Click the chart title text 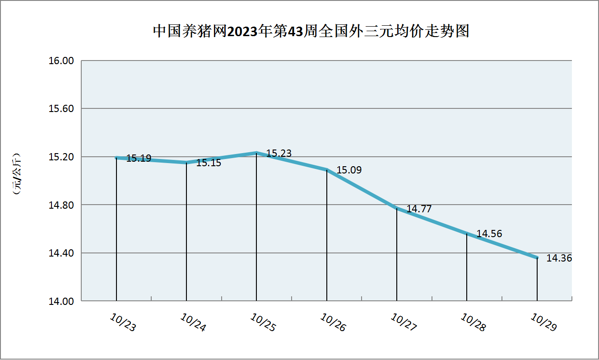click(311, 31)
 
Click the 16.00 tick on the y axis click(60, 61)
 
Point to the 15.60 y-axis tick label click(60, 109)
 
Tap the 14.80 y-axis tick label click(60, 205)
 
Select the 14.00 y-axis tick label click(60, 301)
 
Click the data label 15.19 click(139, 159)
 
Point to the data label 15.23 click(279, 154)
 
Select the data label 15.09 click(349, 170)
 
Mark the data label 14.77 click(419, 209)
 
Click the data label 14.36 click(559, 258)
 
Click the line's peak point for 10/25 click(256, 153)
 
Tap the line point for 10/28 click(467, 234)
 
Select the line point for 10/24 click(186, 163)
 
